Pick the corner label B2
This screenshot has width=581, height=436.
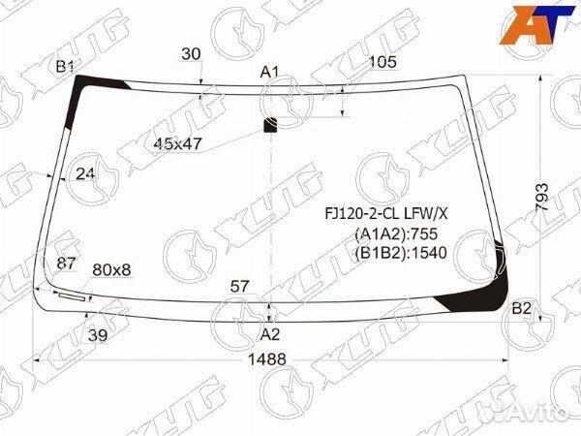(x=522, y=308)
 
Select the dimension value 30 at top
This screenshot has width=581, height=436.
(x=191, y=54)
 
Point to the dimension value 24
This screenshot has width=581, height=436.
(x=86, y=174)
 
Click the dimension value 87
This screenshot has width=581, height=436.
(x=66, y=264)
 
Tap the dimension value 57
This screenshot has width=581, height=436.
(x=240, y=286)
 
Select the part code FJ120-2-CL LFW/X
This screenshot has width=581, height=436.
(x=384, y=214)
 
